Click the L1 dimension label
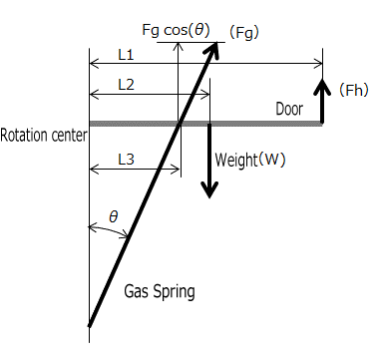click(x=126, y=55)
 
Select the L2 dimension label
click(x=126, y=85)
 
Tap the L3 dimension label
click(x=126, y=160)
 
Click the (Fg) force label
click(x=244, y=33)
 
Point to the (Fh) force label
click(x=354, y=90)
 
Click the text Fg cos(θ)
click(x=177, y=30)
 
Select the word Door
click(x=289, y=109)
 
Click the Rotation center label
click(x=44, y=136)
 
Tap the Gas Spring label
click(x=160, y=292)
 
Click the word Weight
click(x=235, y=160)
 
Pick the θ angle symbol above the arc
click(x=114, y=216)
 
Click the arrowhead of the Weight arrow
click(x=209, y=189)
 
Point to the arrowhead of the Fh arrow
click(x=322, y=86)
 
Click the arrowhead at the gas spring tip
click(x=212, y=50)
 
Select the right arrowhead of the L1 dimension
click(x=318, y=63)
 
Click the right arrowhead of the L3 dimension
click(x=176, y=170)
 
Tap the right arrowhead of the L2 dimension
click(x=205, y=96)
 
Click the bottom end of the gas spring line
click(x=89, y=326)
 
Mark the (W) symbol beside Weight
click(x=271, y=160)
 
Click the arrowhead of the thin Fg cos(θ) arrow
click(x=179, y=47)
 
